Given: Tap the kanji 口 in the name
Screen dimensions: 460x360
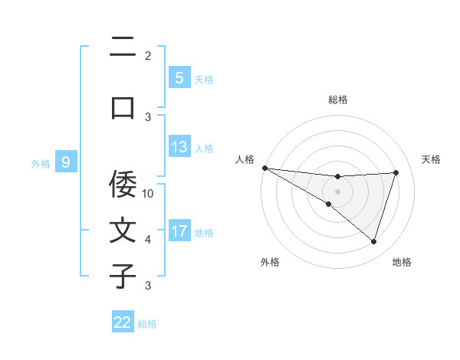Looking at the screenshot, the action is (x=123, y=107).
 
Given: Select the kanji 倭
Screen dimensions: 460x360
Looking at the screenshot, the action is (x=123, y=185).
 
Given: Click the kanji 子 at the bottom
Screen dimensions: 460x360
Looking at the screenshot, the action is (x=123, y=276).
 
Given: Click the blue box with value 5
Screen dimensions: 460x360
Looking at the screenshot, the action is (x=179, y=77).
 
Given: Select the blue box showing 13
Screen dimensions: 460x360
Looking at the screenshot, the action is (x=179, y=147).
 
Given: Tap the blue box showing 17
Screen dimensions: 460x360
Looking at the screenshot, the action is (x=179, y=231).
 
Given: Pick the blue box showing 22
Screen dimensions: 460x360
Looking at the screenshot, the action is (x=123, y=322).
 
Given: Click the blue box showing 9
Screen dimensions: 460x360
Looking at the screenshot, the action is (x=66, y=162).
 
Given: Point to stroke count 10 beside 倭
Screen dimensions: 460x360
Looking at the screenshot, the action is (x=148, y=193).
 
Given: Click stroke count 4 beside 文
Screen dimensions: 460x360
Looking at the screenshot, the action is (x=148, y=240).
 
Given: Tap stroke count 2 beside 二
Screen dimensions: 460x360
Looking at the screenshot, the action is (x=148, y=55).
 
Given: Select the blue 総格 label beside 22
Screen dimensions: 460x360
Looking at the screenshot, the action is (x=147, y=324).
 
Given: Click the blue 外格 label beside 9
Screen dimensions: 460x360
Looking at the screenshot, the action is (x=41, y=163).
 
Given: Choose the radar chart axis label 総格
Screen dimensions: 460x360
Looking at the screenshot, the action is (x=338, y=100).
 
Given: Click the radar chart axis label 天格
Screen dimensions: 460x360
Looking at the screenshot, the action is (x=432, y=159).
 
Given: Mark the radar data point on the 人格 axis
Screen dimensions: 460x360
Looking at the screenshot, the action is (x=264, y=167).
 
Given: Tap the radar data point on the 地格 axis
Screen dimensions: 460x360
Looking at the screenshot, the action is (x=373, y=241).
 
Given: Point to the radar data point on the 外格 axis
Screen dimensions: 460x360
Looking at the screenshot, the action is (x=328, y=204).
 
